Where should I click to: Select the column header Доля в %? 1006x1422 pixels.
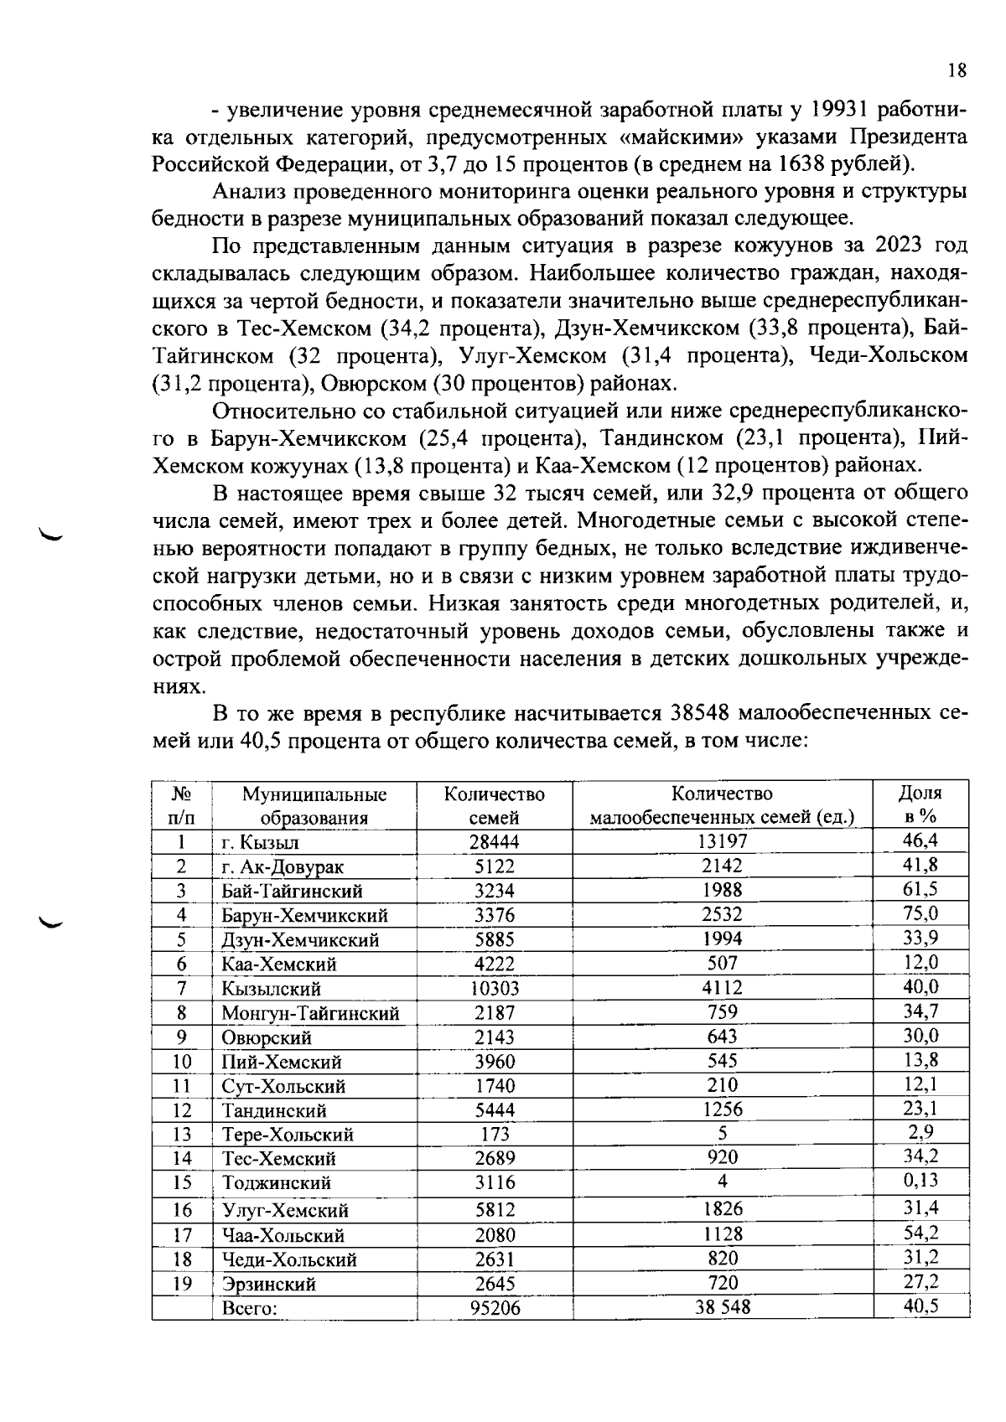[920, 804]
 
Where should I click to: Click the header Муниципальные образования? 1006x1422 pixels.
[314, 805]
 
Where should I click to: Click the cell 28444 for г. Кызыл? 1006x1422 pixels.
[495, 842]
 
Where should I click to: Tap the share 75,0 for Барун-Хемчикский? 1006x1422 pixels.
[920, 913]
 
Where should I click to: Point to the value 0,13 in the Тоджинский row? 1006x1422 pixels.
[920, 1181]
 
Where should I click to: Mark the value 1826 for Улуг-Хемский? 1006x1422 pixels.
[722, 1209]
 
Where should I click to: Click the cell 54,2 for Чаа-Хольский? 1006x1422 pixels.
[920, 1233]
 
